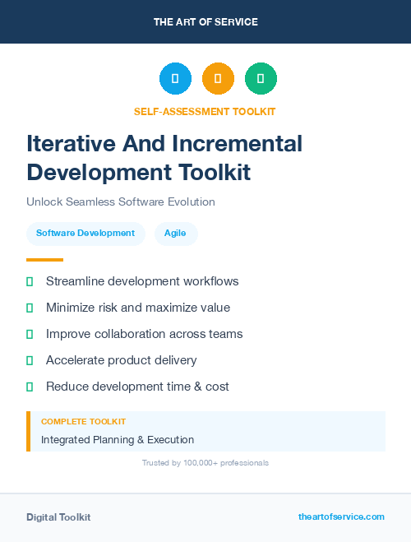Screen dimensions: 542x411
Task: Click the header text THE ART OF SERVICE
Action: coord(205,22)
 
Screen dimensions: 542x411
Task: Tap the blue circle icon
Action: coord(175,78)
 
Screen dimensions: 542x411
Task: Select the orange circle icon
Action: coord(218,78)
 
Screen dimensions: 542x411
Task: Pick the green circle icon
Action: coord(261,78)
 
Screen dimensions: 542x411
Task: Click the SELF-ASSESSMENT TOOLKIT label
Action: coord(205,111)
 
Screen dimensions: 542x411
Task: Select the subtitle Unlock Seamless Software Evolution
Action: coord(120,202)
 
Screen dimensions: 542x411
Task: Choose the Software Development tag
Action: coord(85,234)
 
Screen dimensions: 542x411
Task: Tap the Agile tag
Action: coord(175,234)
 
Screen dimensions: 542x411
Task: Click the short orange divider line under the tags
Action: coord(44,260)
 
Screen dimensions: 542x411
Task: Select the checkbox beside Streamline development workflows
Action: coord(30,281)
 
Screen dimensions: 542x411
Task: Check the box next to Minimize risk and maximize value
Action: coord(30,308)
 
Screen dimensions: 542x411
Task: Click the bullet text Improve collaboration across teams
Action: coord(144,334)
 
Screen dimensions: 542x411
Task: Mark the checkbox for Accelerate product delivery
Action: coord(30,360)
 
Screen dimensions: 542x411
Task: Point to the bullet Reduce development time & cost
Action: coord(137,387)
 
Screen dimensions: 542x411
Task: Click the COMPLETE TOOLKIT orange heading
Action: coord(83,422)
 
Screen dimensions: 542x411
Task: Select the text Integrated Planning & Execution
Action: coord(118,440)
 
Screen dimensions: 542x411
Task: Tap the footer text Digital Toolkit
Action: coord(58,517)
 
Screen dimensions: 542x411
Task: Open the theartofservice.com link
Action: coord(341,517)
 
